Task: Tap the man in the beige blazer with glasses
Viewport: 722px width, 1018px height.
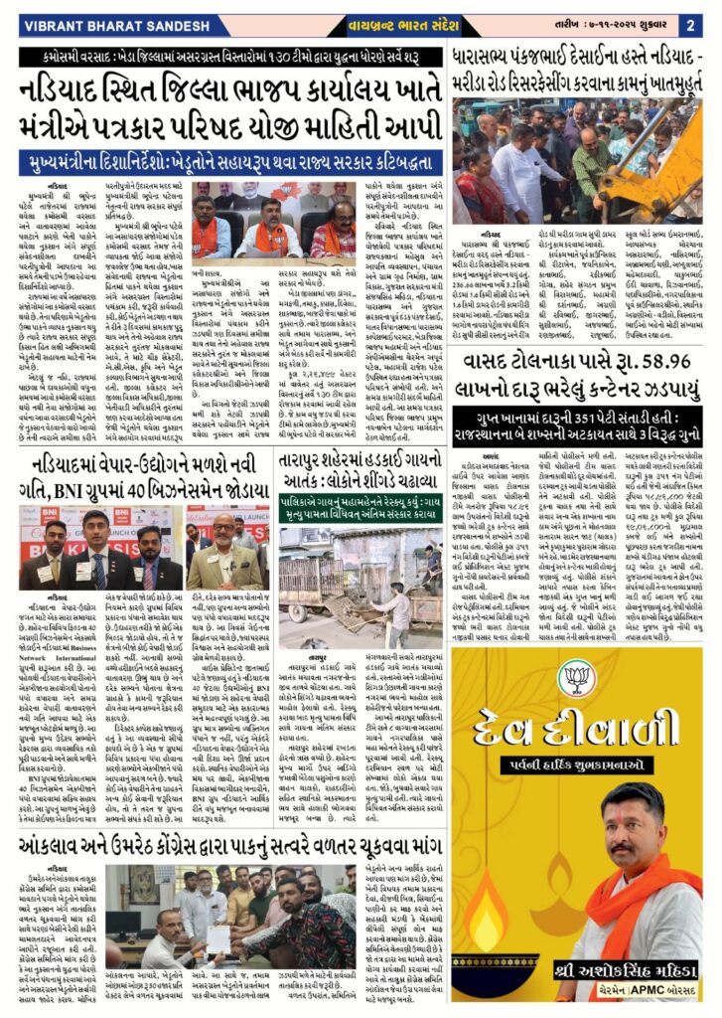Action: (x=226, y=553)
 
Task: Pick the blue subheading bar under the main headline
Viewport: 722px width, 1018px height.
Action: (x=229, y=156)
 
